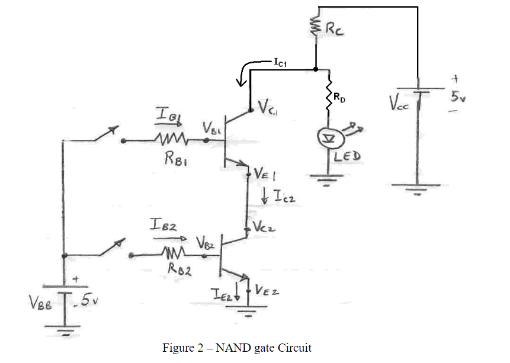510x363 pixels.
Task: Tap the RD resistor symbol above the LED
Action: pyautogui.click(x=328, y=99)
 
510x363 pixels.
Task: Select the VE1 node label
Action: pyautogui.click(x=265, y=174)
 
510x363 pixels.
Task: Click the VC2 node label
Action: pyautogui.click(x=263, y=227)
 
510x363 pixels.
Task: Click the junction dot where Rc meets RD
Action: pyautogui.click(x=315, y=69)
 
